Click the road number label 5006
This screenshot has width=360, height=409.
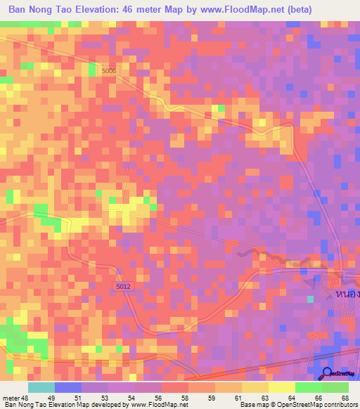108,70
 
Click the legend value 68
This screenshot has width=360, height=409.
344,398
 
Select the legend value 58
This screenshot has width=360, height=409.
184,398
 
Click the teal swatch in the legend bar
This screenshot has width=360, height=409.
41,387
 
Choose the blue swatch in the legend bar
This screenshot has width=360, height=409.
68,387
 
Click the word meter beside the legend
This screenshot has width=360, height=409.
11,398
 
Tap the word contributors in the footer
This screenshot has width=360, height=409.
335,405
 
